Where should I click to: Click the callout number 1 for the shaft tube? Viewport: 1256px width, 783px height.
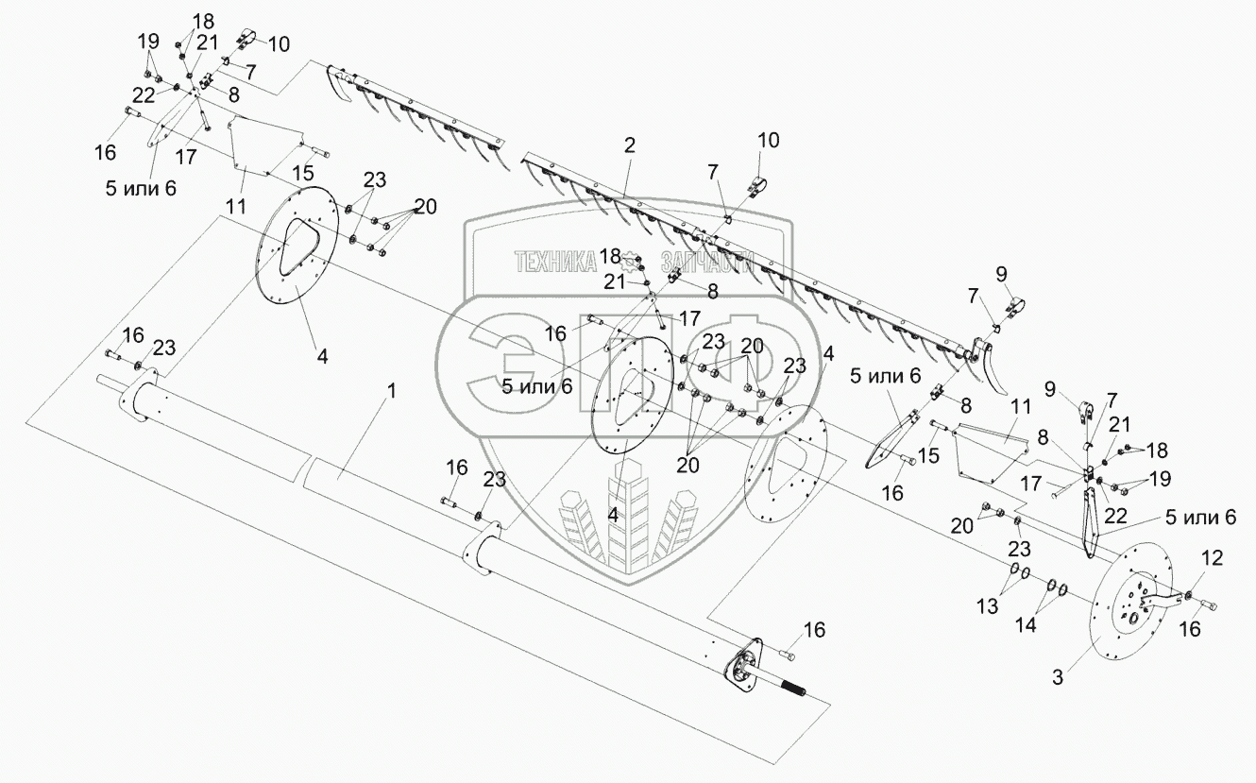(x=392, y=390)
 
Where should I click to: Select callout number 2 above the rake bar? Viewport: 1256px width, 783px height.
(x=630, y=145)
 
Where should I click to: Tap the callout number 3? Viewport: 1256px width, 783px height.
(x=1058, y=677)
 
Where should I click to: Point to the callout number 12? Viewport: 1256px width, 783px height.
(x=1212, y=557)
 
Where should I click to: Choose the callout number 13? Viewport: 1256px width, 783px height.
(x=988, y=605)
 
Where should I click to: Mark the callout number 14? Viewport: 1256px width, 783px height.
(x=1026, y=624)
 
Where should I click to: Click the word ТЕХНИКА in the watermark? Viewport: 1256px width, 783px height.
(x=555, y=262)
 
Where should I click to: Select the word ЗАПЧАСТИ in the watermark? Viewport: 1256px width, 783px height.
(x=707, y=262)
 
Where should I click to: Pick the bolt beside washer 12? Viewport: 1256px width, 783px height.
(x=1209, y=605)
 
